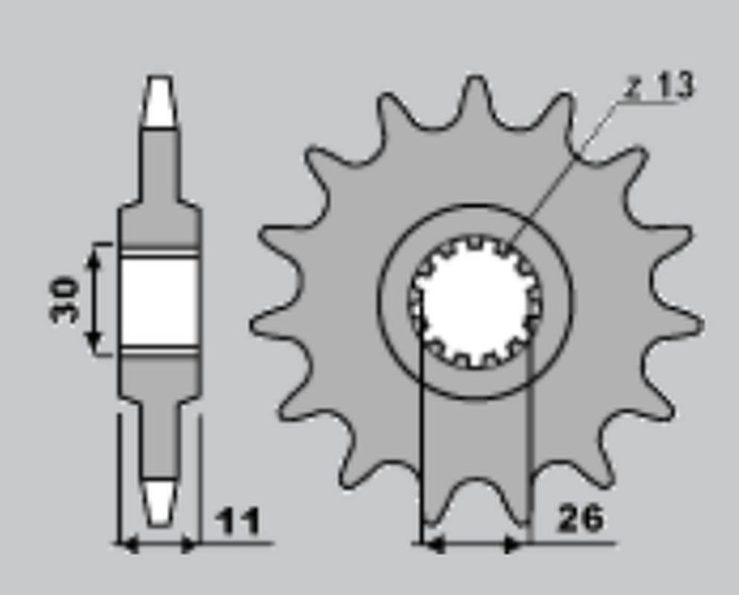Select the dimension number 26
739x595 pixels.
[580, 518]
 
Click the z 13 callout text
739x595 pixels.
[659, 87]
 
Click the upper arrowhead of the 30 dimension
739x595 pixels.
[94, 257]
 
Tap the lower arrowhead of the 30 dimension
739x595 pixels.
[94, 343]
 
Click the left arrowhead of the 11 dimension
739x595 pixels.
[128, 545]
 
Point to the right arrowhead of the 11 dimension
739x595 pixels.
[191, 545]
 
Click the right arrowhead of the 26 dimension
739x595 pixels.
[515, 545]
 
